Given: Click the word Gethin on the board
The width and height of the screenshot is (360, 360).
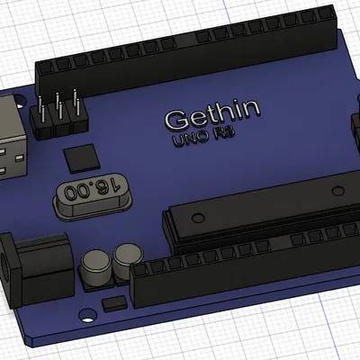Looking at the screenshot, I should (x=213, y=114).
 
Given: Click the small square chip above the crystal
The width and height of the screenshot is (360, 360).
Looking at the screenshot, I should (x=83, y=156).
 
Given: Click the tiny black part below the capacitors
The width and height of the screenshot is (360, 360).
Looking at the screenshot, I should (x=114, y=304).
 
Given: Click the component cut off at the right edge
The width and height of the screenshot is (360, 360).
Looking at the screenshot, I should (x=355, y=126).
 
